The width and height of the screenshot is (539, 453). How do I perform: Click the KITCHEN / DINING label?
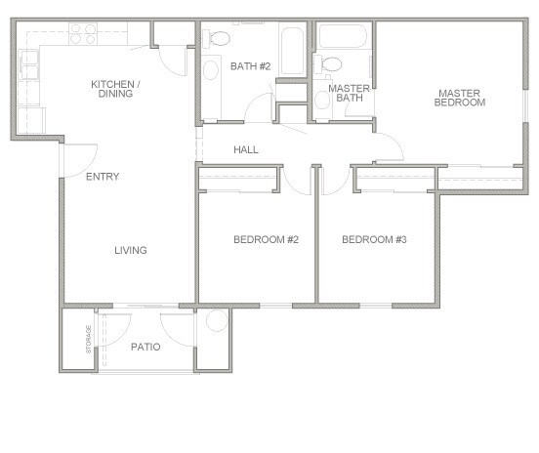(x=115, y=89)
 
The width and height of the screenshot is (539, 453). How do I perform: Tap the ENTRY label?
(x=103, y=177)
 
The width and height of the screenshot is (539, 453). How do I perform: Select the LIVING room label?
(x=130, y=251)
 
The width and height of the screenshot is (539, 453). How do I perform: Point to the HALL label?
(x=245, y=149)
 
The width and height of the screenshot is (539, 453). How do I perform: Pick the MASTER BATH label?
(x=348, y=94)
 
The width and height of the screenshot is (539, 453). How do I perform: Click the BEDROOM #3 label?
(x=374, y=240)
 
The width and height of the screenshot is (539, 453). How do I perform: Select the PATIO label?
(x=145, y=347)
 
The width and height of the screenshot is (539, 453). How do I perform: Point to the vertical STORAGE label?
(x=88, y=340)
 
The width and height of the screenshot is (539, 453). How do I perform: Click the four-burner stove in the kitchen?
(x=82, y=34)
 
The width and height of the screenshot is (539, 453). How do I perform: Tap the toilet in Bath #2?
(x=220, y=39)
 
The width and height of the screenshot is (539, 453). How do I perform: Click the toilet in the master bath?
(x=330, y=65)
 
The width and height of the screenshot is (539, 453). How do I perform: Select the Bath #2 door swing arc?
(x=261, y=105)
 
